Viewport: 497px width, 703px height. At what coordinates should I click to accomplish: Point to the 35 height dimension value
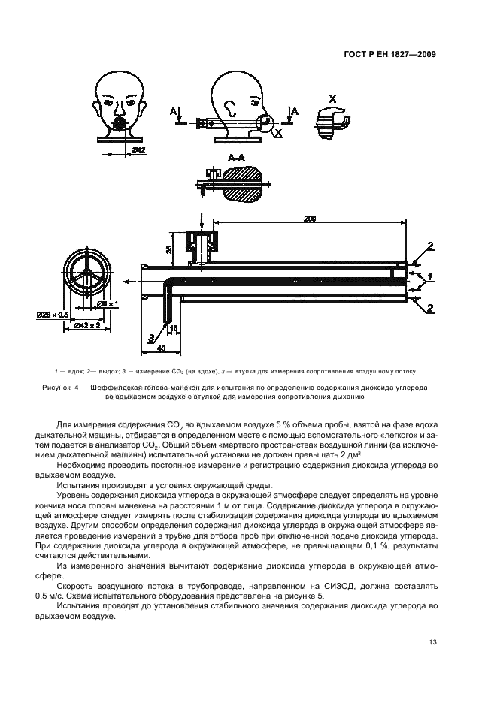[170, 249]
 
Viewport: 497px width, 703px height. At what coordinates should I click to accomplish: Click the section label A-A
[235, 158]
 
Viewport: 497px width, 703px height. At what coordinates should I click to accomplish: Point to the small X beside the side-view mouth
[279, 133]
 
